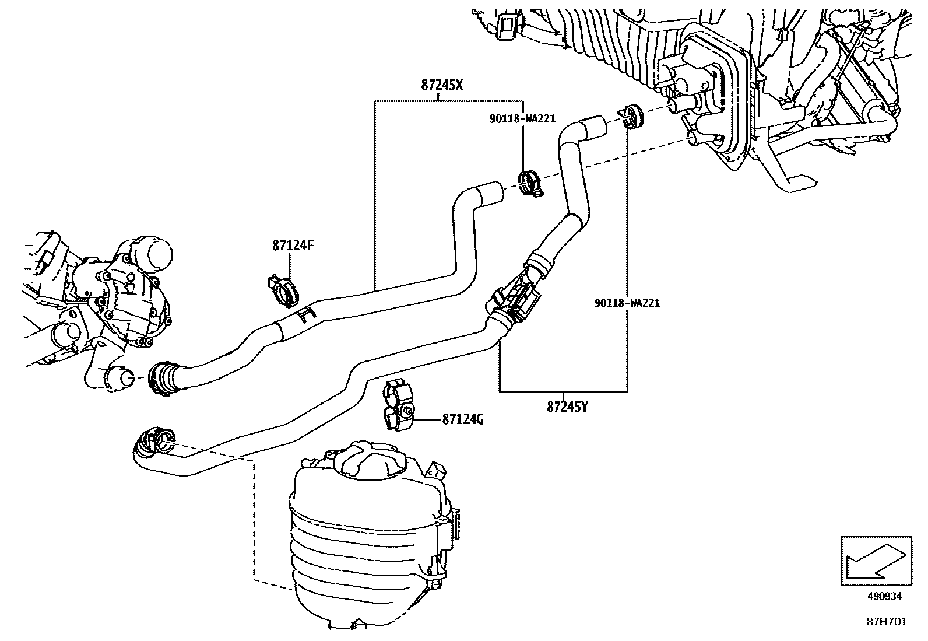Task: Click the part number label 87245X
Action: click(x=442, y=85)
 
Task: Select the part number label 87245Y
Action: click(x=567, y=407)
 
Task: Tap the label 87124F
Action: click(x=293, y=246)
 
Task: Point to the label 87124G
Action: click(x=463, y=419)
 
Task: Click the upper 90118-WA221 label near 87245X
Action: click(x=522, y=119)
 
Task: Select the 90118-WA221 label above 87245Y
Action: click(x=627, y=303)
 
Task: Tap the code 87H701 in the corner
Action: click(x=885, y=622)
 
